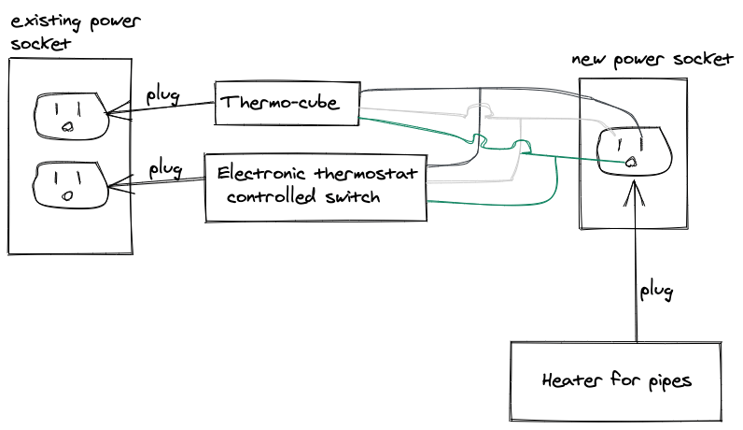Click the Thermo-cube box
click(287, 103)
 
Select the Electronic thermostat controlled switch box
click(315, 187)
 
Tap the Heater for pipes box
click(616, 381)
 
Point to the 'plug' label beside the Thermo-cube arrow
click(162, 94)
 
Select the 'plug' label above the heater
click(656, 291)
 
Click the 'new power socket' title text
click(652, 60)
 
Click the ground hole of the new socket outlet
click(631, 162)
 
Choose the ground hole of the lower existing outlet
click(67, 195)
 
